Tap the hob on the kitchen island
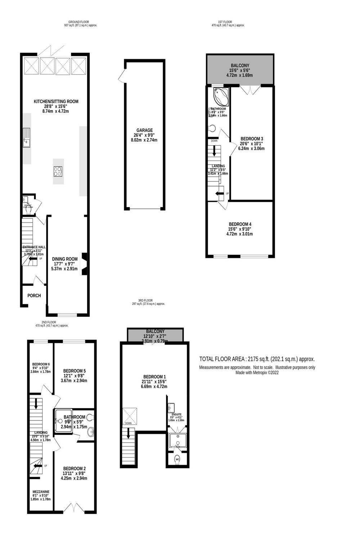click(58, 171)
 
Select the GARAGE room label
click(144, 130)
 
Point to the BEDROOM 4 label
click(240, 224)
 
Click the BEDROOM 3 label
click(252, 139)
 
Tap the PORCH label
click(34, 296)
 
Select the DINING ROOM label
click(65, 259)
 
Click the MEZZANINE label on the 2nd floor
click(41, 492)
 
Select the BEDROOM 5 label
click(74, 371)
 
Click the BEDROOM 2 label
click(74, 468)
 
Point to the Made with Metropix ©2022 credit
click(257, 373)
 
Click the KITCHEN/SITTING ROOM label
click(56, 102)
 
